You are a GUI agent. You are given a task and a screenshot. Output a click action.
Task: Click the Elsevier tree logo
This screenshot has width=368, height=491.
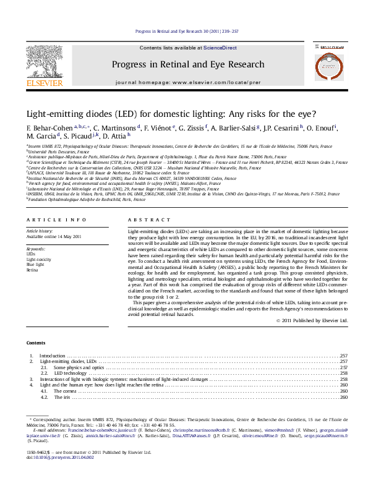45,62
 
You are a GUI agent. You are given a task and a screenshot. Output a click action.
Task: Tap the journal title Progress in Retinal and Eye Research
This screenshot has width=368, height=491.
188,64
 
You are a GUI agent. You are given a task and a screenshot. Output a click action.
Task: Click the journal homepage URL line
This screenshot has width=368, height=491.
188,82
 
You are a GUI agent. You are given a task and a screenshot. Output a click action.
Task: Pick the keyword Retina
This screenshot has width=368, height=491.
33,270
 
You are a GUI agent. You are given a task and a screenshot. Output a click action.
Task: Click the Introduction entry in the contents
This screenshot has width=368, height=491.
52,356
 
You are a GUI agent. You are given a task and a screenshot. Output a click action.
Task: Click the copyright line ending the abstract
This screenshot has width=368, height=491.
312,321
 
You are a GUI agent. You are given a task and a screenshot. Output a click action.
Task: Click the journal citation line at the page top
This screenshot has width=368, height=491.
187,31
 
